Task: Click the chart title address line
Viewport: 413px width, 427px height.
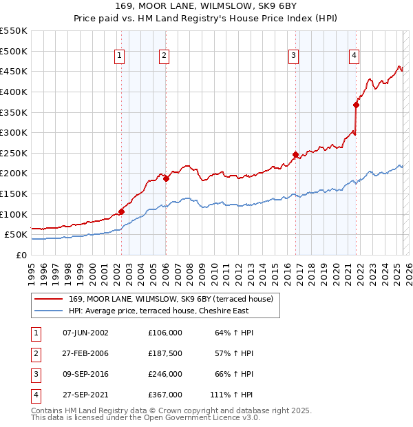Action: (x=206, y=6)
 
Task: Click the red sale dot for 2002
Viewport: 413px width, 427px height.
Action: (x=122, y=211)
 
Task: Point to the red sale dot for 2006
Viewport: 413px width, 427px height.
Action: (x=166, y=178)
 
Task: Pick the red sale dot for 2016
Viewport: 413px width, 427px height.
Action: (x=295, y=154)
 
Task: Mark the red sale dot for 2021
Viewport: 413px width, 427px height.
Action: (x=357, y=105)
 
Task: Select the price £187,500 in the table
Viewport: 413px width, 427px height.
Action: (x=165, y=353)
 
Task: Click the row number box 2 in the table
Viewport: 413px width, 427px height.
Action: (x=35, y=353)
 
